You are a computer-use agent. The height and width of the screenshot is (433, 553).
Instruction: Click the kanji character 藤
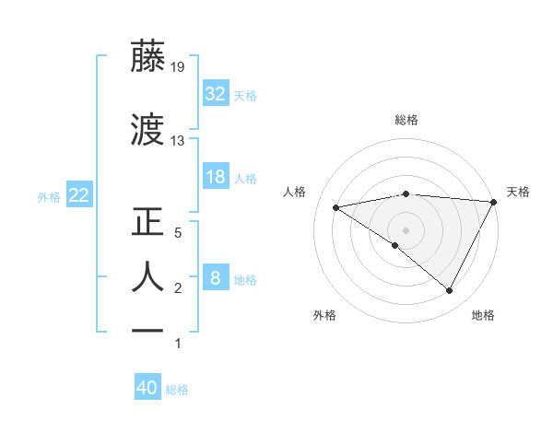[x=148, y=57]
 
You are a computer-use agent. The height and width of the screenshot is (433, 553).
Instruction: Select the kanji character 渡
[x=148, y=131]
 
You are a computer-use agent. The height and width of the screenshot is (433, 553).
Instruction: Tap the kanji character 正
[x=148, y=223]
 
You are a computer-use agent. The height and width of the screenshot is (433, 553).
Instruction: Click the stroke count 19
[x=177, y=66]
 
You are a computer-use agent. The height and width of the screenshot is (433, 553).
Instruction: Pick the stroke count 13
[x=177, y=141]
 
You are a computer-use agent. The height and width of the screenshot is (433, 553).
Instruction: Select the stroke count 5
[x=179, y=233]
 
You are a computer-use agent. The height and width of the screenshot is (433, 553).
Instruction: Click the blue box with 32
[x=216, y=94]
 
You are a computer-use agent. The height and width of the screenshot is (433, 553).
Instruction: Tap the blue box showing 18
[x=216, y=177]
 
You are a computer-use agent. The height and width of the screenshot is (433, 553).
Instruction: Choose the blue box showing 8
[x=216, y=278]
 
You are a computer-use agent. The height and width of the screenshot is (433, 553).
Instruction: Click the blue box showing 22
[x=78, y=195]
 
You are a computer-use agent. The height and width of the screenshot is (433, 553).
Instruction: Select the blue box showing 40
[x=147, y=388]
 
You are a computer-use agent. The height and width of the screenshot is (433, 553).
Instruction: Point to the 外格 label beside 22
[x=49, y=196]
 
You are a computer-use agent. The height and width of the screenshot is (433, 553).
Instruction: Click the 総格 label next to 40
[x=177, y=390]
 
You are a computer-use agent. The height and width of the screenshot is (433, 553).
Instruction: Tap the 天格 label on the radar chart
[x=518, y=192]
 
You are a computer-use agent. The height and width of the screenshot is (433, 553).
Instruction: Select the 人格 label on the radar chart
[x=295, y=192]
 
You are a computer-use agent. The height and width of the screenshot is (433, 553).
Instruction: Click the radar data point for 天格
[x=495, y=202]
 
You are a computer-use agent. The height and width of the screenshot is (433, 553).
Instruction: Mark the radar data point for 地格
[x=450, y=291]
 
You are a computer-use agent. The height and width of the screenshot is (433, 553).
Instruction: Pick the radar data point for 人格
[x=336, y=207]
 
